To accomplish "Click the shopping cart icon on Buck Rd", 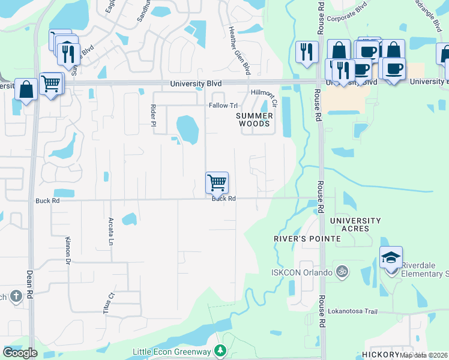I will (x=217, y=182).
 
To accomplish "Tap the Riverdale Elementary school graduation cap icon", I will (x=391, y=257).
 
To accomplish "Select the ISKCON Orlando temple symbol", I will (x=342, y=271).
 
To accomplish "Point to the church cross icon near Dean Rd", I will (x=16, y=295).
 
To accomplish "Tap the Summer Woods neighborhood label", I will (x=255, y=119).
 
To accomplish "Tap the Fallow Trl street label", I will (x=223, y=106).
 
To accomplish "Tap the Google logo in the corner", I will (x=20, y=352).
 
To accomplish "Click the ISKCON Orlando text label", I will (x=309, y=272).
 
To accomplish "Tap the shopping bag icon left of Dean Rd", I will (x=26, y=90).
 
